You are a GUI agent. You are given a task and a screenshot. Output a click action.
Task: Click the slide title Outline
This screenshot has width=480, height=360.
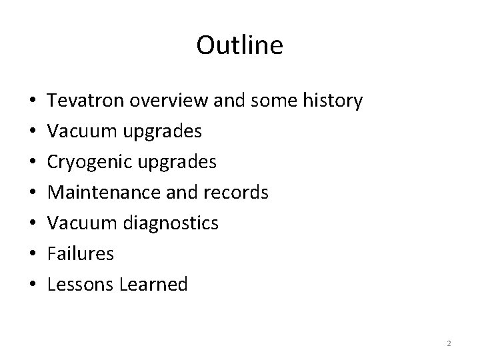coord(240,45)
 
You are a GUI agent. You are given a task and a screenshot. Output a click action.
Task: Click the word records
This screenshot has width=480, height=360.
coord(239,193)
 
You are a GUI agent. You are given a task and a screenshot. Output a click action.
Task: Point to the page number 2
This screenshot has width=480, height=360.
coord(449,343)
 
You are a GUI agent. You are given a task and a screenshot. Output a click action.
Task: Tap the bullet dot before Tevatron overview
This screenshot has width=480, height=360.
coord(34,102)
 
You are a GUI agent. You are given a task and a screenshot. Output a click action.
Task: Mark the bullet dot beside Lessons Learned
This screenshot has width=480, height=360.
coord(34,285)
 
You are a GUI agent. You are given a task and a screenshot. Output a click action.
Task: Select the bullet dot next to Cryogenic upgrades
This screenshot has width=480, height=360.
coord(34,163)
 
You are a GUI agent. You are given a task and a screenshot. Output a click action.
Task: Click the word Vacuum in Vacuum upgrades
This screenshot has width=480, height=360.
coord(79,131)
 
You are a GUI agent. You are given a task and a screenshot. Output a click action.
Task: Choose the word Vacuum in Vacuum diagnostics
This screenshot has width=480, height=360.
coord(79,223)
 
